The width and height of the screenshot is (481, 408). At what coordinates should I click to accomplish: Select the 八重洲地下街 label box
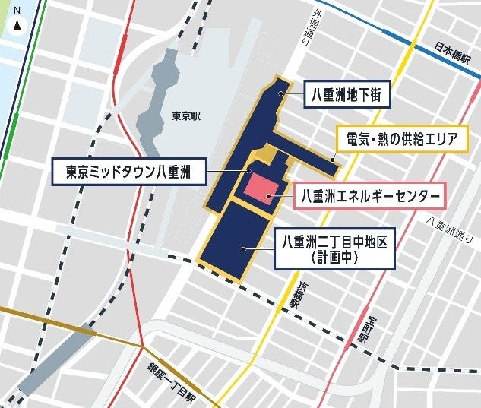tap(347, 96)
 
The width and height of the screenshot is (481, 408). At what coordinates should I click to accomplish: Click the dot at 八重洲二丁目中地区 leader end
tap(243, 248)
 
